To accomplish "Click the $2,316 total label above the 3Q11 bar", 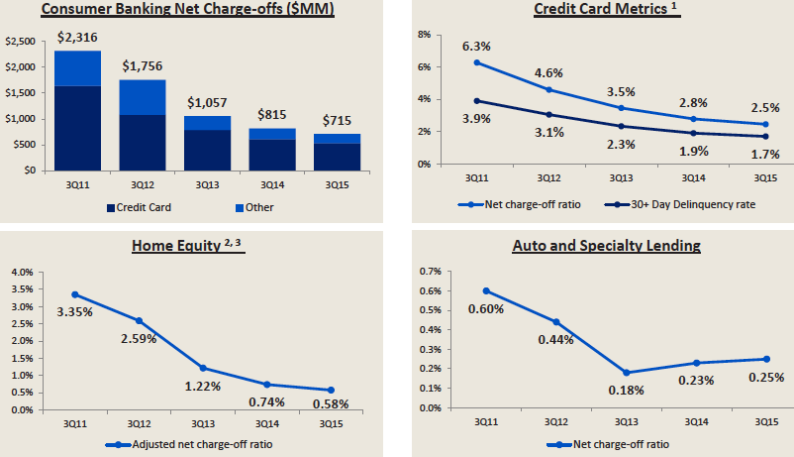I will pyautogui.click(x=78, y=38).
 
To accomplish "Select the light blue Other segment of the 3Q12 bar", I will pyautogui.click(x=144, y=97).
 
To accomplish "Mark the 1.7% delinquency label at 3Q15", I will pyautogui.click(x=763, y=154).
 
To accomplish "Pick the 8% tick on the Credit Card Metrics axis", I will pyautogui.click(x=424, y=35).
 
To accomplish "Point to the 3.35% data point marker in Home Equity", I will pyautogui.click(x=75, y=294).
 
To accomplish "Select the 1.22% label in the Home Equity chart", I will pyautogui.click(x=205, y=388).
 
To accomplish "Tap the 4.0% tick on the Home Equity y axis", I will pyautogui.click(x=22, y=271).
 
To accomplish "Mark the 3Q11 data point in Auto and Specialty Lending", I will pyautogui.click(x=485, y=290).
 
